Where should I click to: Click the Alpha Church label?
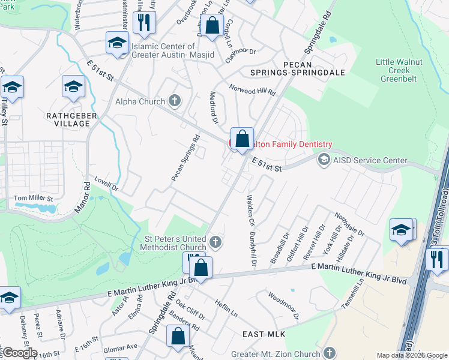pos(140,101)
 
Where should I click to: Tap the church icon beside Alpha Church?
pos(174,100)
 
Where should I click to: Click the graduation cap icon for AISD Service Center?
pos(324,160)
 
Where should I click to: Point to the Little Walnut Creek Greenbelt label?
pos(407,71)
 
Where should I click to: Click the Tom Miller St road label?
pos(34,197)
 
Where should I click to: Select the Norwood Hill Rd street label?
pos(252,89)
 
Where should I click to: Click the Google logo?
pos(19,353)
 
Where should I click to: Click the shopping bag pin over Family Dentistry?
pos(242,140)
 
